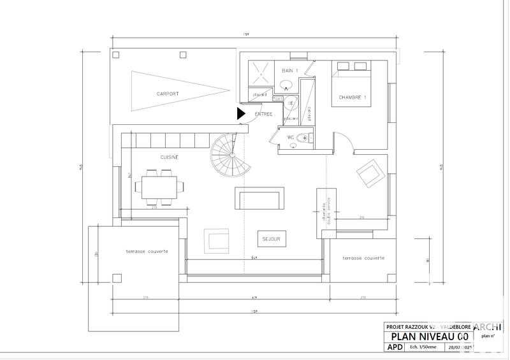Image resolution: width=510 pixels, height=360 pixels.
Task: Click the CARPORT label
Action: [168, 94]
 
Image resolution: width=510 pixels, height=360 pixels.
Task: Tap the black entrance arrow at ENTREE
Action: [241, 113]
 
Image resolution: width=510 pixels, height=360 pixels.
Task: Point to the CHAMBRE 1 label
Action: [353, 97]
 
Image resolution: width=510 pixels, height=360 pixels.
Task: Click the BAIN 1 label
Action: [291, 71]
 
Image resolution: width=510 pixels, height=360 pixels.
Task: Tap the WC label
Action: [290, 137]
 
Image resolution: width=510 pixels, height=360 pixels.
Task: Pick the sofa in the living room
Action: [260, 199]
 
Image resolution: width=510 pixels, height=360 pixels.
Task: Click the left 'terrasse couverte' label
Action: [147, 252]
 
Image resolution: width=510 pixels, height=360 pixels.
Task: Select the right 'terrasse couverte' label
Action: [363, 258]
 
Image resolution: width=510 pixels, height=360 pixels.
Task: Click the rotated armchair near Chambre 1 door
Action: [370, 173]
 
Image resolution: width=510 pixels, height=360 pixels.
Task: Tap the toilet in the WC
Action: [302, 138]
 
